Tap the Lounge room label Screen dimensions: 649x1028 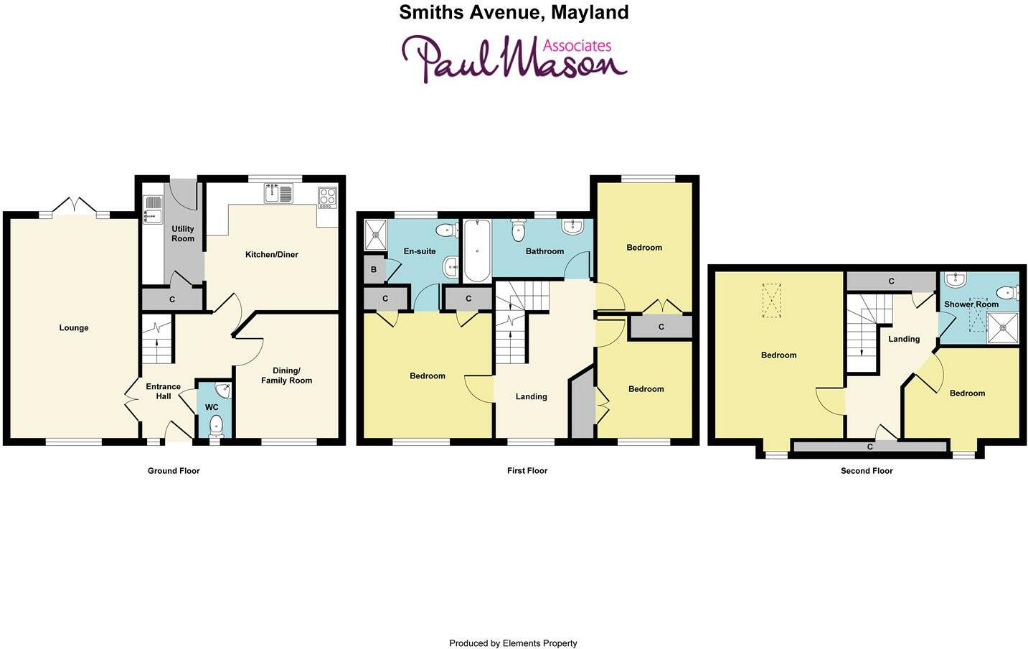(x=74, y=328)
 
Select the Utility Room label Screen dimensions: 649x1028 (x=183, y=233)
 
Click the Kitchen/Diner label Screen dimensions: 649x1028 (x=271, y=254)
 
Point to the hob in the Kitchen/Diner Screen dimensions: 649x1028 (x=327, y=197)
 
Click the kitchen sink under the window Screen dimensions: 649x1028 (x=278, y=193)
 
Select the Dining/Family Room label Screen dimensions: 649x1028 (x=286, y=375)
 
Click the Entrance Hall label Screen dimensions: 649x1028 (x=164, y=391)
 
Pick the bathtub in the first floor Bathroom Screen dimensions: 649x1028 (x=477, y=251)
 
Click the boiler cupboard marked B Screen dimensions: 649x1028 (x=374, y=270)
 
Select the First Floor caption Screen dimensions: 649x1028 (x=527, y=471)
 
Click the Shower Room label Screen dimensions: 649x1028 (x=971, y=304)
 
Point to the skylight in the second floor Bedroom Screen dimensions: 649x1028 (x=771, y=301)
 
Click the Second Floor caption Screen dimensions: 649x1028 (x=867, y=471)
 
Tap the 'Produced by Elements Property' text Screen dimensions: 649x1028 (x=513, y=643)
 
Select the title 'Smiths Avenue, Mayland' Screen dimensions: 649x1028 (x=514, y=12)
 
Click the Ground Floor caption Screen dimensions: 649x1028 (x=174, y=471)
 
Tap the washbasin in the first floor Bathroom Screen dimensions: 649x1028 (x=573, y=228)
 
